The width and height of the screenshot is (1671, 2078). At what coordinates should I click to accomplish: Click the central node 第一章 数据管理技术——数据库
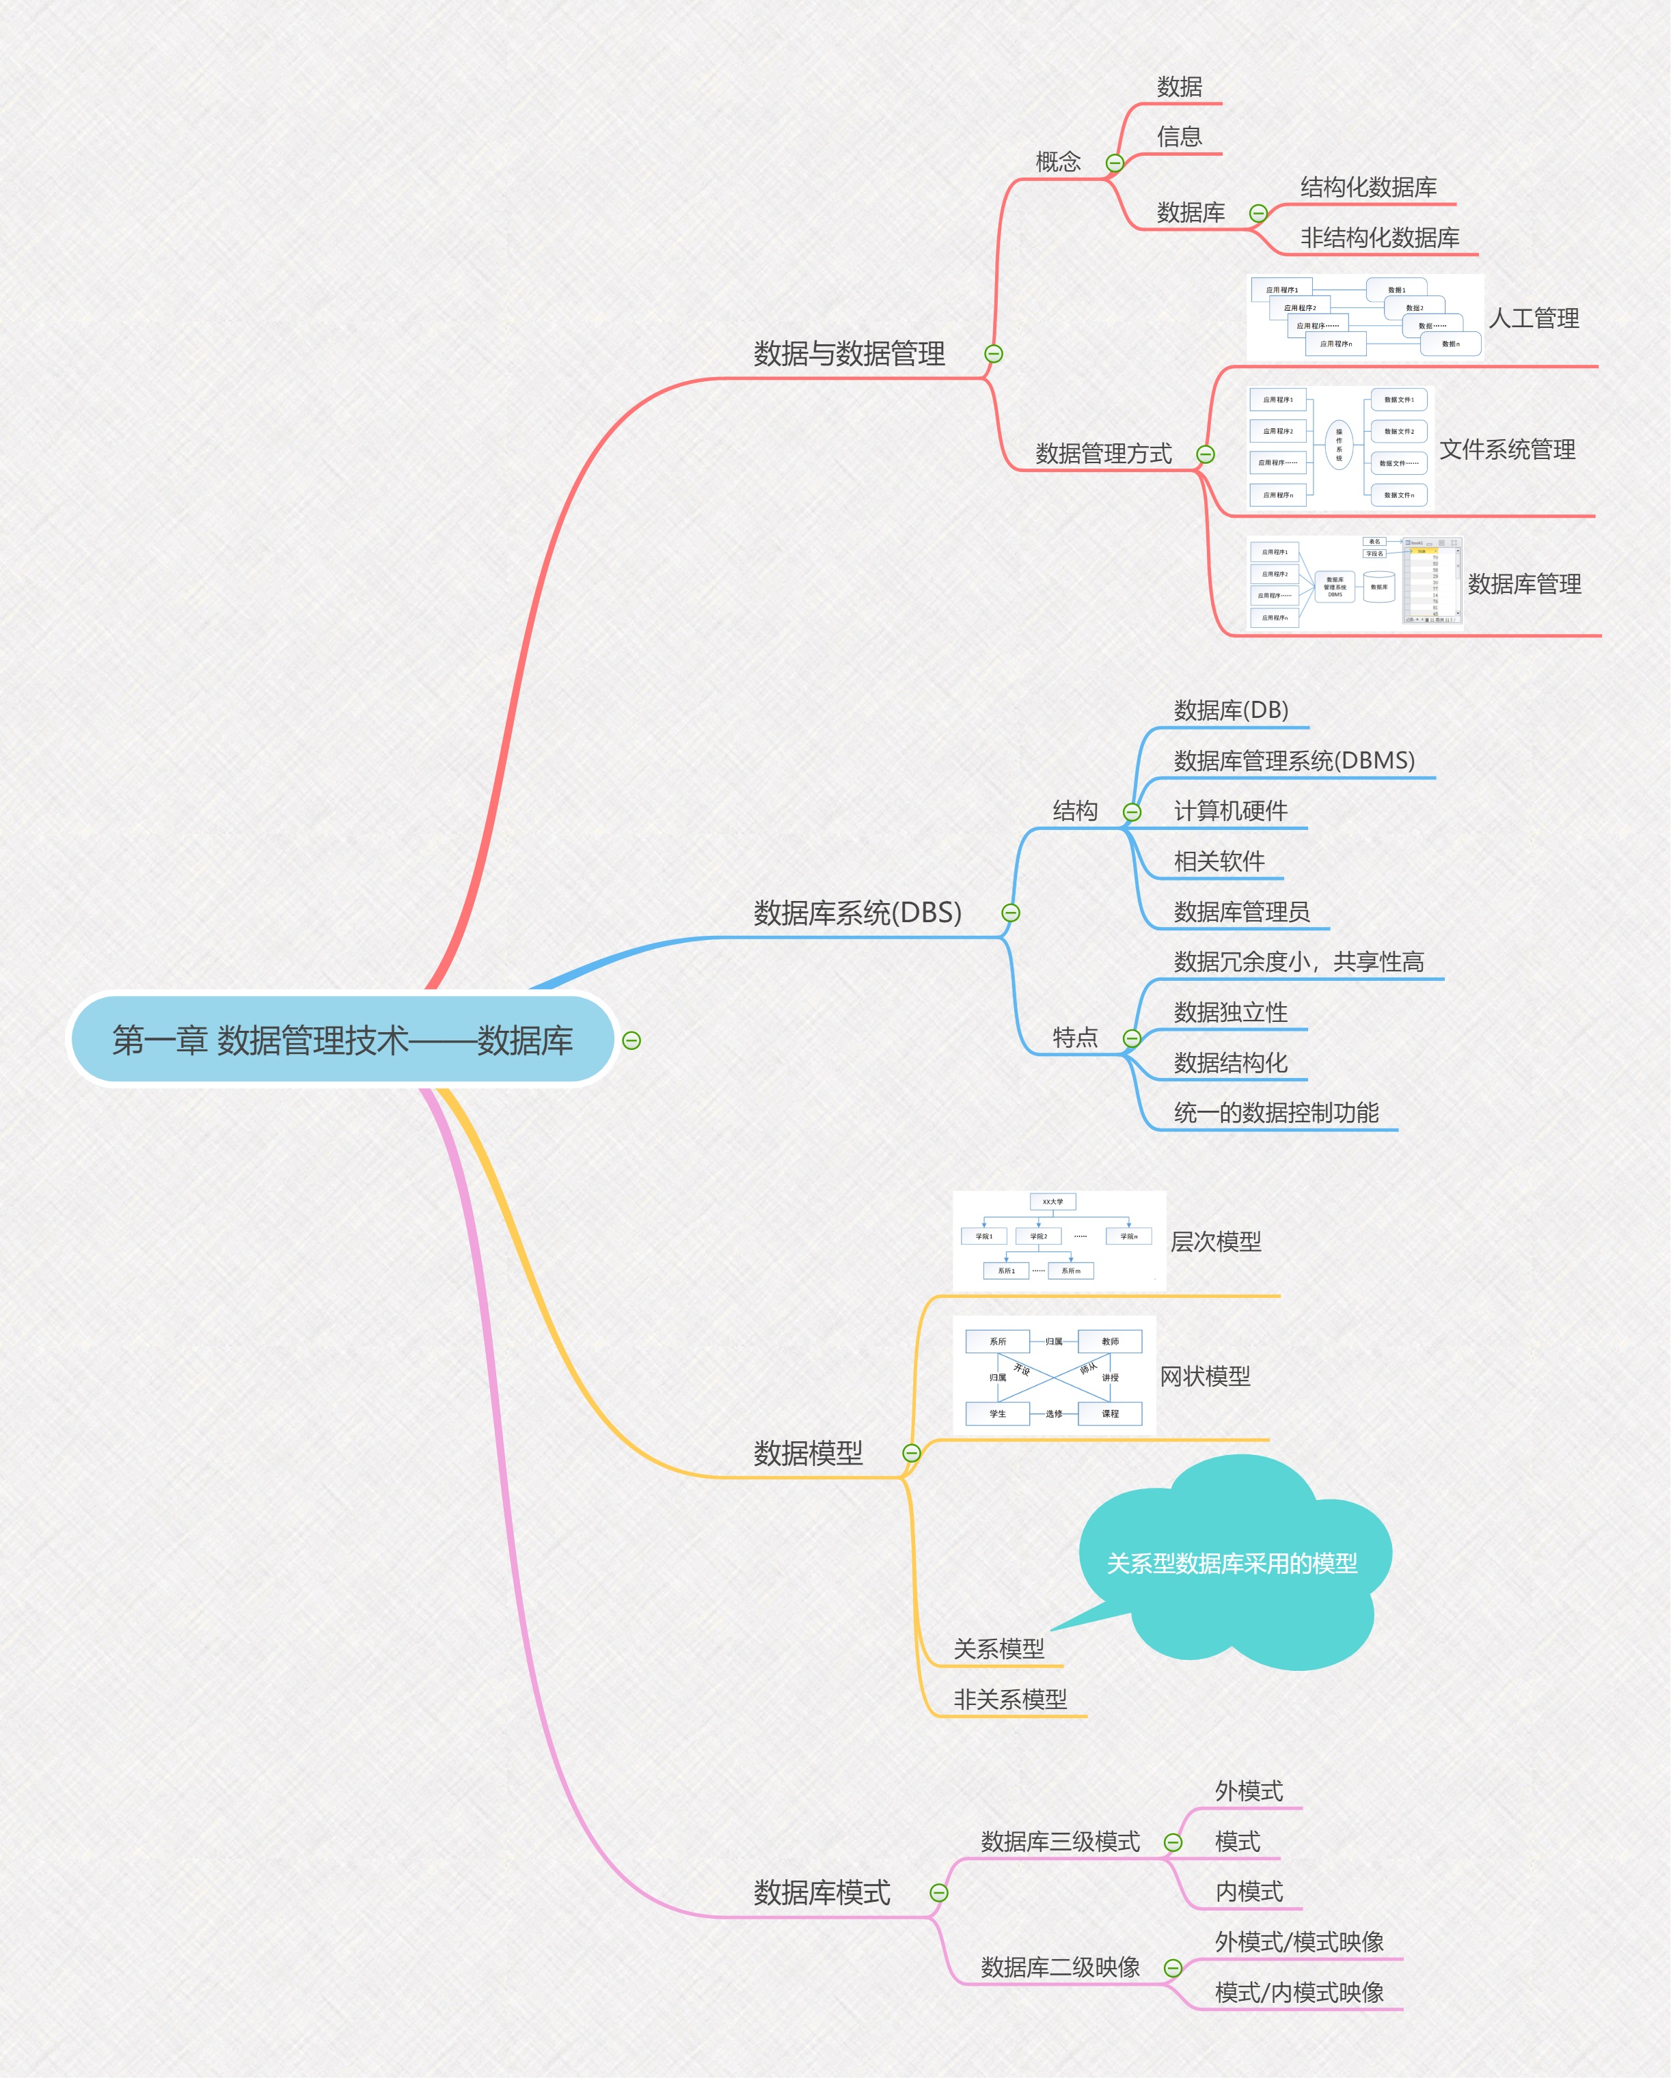click(342, 1040)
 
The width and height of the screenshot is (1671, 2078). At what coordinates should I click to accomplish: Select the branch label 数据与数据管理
click(849, 354)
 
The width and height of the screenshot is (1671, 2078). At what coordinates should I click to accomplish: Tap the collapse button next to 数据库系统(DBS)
click(1011, 913)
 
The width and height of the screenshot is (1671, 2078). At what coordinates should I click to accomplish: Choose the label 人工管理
click(1533, 318)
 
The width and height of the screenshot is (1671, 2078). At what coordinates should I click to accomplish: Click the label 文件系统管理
click(1507, 449)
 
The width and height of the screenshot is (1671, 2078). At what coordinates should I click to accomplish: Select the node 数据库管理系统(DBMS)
click(1294, 760)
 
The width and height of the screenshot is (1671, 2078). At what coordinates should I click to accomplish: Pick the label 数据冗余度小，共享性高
click(1299, 962)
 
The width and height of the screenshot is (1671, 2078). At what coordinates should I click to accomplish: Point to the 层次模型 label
click(1215, 1241)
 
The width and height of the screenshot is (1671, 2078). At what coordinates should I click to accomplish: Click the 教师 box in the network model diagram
click(1110, 1342)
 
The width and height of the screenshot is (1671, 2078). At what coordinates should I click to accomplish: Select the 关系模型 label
click(999, 1649)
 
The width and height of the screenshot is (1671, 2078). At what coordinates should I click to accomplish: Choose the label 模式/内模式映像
click(1299, 1992)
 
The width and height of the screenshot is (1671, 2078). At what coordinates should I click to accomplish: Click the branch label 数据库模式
click(821, 1893)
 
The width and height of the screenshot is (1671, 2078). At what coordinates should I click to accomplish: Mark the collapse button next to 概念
click(1115, 163)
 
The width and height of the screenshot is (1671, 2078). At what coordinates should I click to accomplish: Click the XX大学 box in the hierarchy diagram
click(1053, 1202)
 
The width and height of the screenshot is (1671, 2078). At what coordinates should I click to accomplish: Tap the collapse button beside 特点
click(1132, 1038)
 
